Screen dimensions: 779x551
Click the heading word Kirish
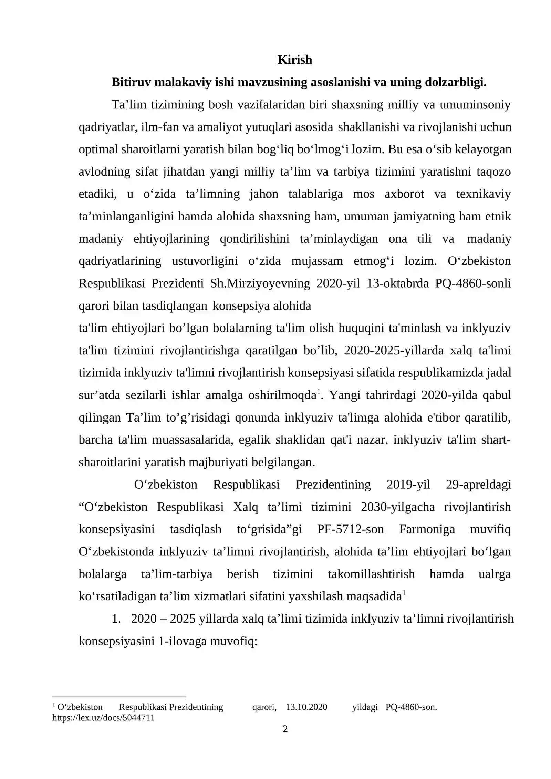(x=295, y=60)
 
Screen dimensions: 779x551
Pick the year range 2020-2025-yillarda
(x=394, y=350)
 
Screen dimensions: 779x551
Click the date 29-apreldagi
(x=478, y=485)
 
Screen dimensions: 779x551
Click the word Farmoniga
(x=427, y=529)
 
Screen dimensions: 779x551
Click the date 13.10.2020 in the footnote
(x=306, y=707)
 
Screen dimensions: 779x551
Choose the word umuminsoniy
(x=475, y=105)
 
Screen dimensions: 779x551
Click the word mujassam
(x=317, y=261)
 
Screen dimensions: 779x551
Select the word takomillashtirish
(x=371, y=574)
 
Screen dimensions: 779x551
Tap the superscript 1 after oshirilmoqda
(x=319, y=392)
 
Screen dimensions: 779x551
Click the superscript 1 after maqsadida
(x=404, y=593)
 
